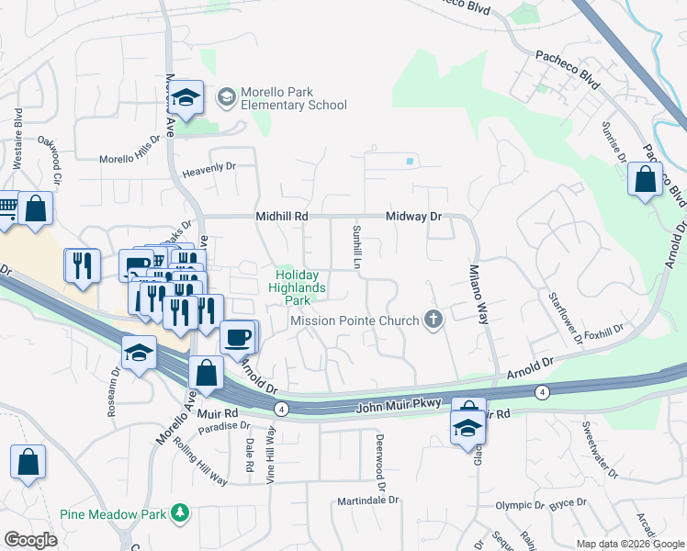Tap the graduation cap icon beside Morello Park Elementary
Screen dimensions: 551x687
tap(186, 99)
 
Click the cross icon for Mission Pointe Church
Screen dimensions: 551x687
tap(434, 320)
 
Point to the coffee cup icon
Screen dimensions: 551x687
tap(238, 338)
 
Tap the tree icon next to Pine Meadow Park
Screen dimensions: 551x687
tap(181, 513)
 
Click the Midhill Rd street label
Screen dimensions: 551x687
tap(281, 217)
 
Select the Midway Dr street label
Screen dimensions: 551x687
tap(413, 217)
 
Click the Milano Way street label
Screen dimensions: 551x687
tap(479, 294)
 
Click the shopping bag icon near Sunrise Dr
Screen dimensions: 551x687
tap(645, 181)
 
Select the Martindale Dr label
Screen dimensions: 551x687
tap(368, 500)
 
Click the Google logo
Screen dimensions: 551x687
tap(30, 540)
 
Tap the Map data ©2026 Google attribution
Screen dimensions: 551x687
tap(630, 544)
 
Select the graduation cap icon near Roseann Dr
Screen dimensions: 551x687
tap(139, 354)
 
